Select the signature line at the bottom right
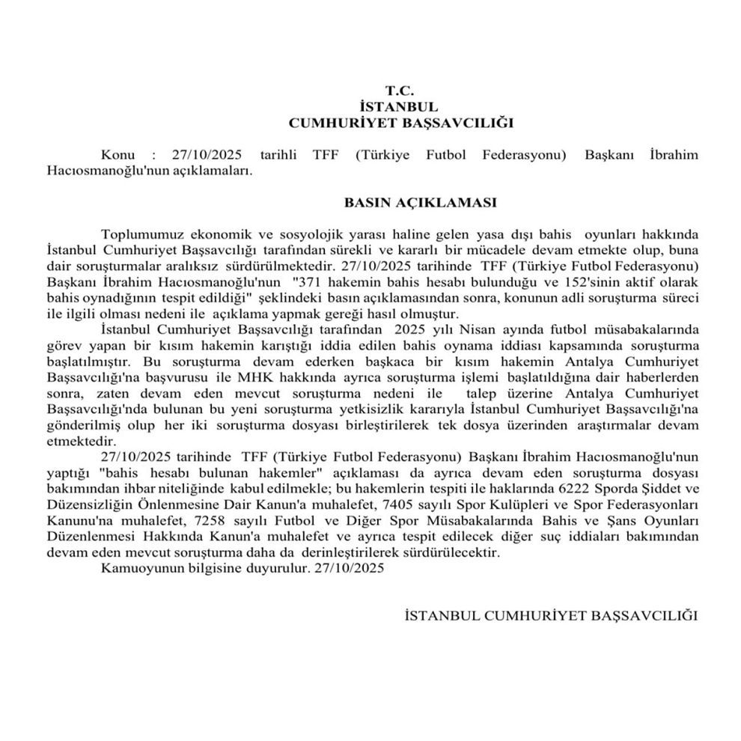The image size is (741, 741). pos(550,615)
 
